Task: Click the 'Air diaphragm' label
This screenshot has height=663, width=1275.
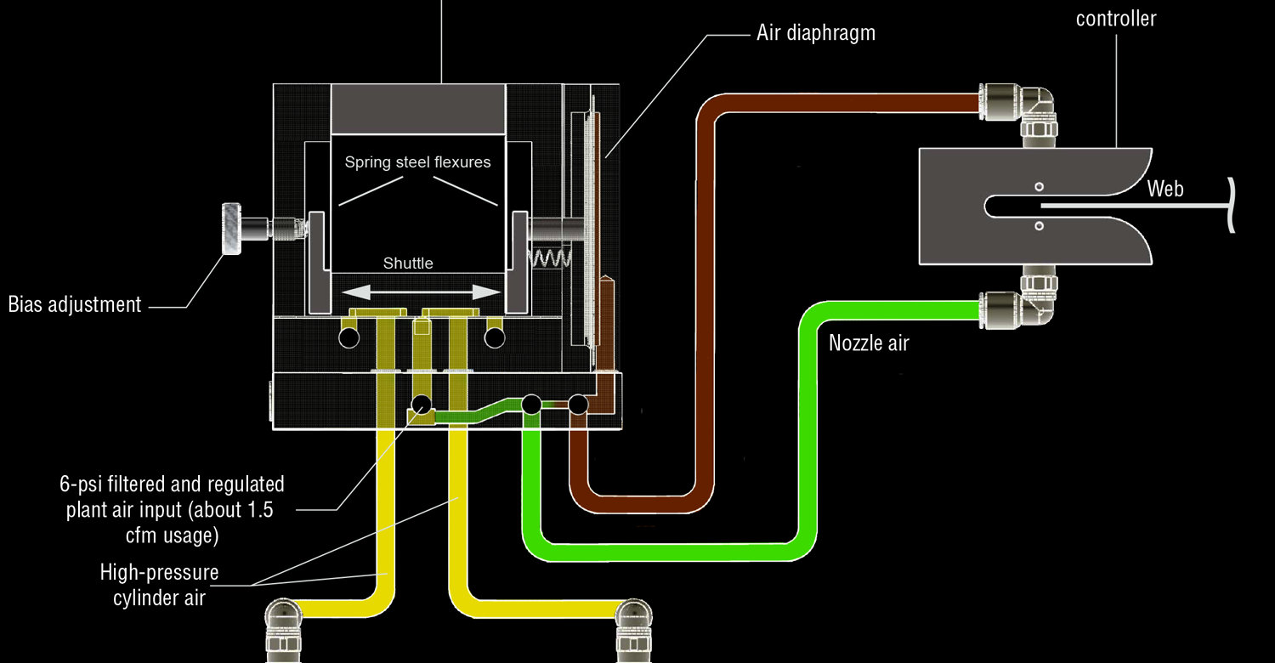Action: [x=815, y=33]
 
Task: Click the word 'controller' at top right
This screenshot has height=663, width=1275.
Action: [x=1115, y=18]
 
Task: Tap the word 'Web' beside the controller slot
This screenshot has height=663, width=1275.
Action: [x=1164, y=189]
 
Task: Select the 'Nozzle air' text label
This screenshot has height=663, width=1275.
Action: [x=868, y=343]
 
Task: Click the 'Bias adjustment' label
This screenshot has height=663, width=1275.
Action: [x=75, y=304]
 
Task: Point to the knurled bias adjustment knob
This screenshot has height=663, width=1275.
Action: [x=232, y=229]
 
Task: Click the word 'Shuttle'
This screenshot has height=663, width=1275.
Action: [x=408, y=263]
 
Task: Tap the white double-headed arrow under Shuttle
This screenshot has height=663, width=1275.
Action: [x=422, y=292]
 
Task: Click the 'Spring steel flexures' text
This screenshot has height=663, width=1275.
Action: [x=417, y=161]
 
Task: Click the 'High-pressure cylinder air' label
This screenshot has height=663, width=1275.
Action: [x=159, y=585]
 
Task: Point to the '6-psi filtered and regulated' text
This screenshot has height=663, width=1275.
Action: [x=172, y=484]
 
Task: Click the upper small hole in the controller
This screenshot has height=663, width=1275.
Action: [x=1039, y=186]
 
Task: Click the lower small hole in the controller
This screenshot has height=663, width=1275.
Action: [x=1039, y=225]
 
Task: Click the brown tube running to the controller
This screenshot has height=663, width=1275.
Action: [x=705, y=297]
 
